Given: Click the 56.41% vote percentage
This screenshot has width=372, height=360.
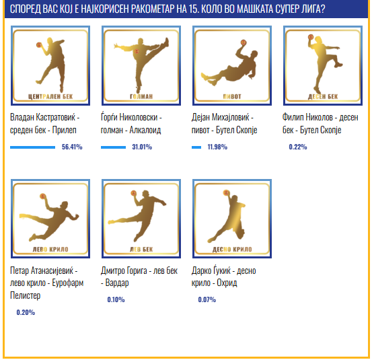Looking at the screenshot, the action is tap(72, 147).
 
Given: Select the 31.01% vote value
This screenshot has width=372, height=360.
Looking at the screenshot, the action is tap(142, 147).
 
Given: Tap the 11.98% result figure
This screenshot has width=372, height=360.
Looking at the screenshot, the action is tap(217, 147).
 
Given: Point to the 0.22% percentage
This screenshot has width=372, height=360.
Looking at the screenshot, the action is tap(298, 147).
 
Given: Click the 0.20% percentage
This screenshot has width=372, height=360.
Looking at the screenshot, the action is tap(26, 312).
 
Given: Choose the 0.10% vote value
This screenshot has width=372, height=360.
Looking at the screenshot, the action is tap(116, 299).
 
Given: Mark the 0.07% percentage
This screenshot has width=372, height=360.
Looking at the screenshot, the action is tap(207, 299).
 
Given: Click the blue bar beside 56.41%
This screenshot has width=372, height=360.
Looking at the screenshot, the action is tap(32, 147).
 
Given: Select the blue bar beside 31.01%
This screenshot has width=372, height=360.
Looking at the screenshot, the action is tap(113, 147).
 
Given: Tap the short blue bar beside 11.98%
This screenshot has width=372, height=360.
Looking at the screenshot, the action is tap(196, 147).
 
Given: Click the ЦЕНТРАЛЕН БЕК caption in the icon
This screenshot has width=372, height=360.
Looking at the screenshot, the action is tap(50, 97).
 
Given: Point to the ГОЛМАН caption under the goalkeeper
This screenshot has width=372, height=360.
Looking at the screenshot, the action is tap(141, 97).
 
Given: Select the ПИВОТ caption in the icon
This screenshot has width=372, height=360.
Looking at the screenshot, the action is tap(232, 97).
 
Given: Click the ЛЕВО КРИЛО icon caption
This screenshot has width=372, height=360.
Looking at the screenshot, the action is tap(50, 249).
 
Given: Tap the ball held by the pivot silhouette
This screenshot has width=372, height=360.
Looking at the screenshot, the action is tap(243, 42).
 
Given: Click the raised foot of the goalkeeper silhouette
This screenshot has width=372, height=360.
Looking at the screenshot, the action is tap(167, 42).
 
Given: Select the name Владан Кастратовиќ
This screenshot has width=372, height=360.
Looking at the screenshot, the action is tap(42, 117).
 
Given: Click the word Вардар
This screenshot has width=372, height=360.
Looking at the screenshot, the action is tap(117, 283).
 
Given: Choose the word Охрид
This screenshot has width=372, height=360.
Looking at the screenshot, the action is tap(227, 283).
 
